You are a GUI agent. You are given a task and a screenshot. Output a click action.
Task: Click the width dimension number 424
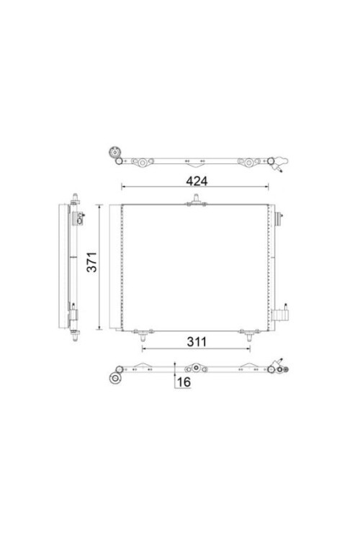click(197, 181)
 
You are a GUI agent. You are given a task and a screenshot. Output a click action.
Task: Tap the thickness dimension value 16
click(183, 382)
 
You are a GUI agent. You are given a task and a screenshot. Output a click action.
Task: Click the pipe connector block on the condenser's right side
click(280, 315)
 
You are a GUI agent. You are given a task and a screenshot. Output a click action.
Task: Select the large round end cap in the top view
click(113, 153)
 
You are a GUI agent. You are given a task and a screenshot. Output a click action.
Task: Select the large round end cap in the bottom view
click(113, 379)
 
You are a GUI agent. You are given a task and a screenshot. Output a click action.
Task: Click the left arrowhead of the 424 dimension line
click(124, 188)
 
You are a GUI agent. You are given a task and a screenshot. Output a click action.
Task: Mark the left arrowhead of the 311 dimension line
click(145, 349)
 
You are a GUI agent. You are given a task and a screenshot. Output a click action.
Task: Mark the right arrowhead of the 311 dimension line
click(249, 349)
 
